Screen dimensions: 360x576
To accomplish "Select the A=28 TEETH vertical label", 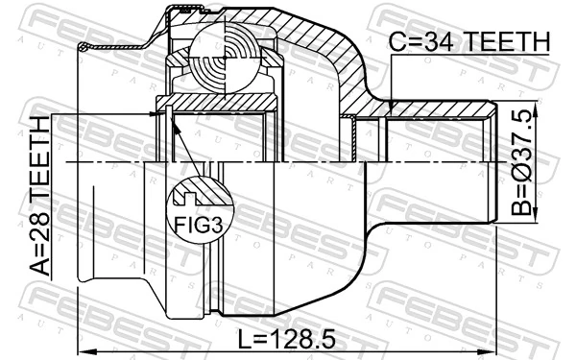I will click(x=39, y=198).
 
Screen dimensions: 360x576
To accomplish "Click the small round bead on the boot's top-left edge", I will click(x=84, y=46).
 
